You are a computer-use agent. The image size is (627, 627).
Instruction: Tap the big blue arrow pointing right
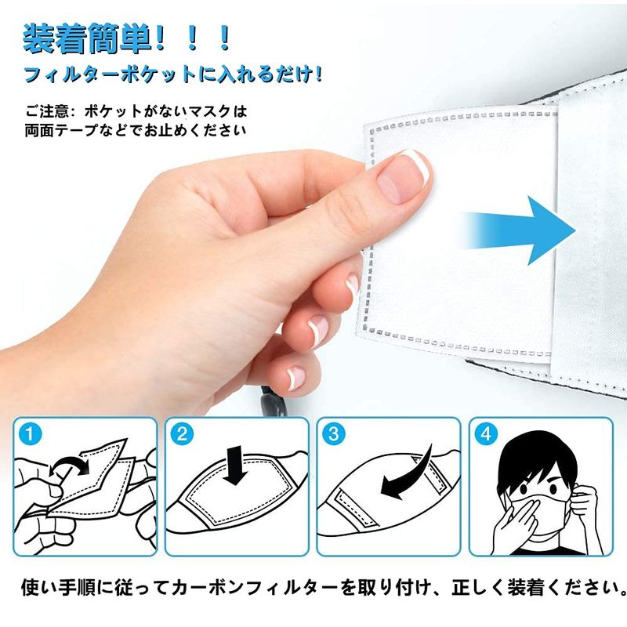[520, 230]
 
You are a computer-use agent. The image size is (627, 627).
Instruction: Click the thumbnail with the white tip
[404, 177]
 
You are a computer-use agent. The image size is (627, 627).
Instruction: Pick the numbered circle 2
[182, 434]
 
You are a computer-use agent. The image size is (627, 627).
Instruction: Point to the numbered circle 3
[334, 434]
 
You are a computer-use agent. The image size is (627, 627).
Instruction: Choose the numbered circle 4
[486, 434]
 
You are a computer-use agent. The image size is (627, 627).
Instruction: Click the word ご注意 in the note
[47, 111]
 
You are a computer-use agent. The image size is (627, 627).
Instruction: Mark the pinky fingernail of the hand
[296, 378]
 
